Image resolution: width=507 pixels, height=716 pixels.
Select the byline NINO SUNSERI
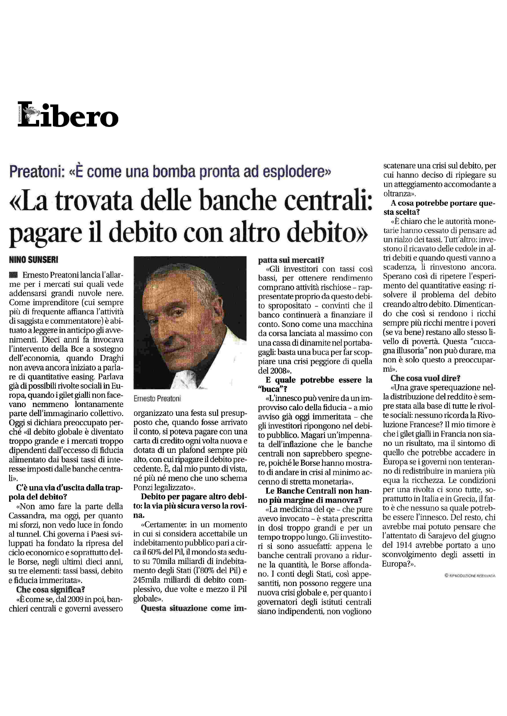point(34,260)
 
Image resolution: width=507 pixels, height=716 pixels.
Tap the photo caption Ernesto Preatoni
point(157,399)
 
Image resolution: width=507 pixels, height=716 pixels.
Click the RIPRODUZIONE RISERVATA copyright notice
point(470,576)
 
